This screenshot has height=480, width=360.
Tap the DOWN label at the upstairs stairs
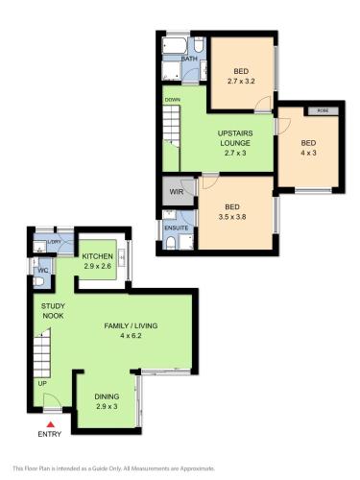(x=172, y=100)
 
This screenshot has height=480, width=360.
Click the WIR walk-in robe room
(x=177, y=192)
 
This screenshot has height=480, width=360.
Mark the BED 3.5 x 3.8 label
(x=232, y=212)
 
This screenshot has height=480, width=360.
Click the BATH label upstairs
(x=190, y=59)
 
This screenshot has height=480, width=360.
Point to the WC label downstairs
(x=41, y=269)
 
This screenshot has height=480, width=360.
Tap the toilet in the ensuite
(x=171, y=244)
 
